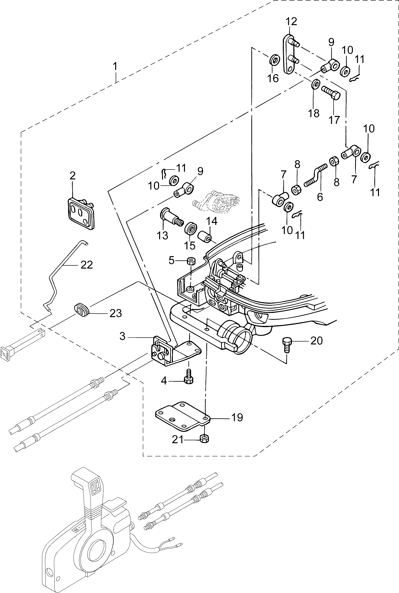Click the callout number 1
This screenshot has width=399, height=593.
click(x=115, y=66)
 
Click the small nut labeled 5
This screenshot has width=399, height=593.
click(x=191, y=261)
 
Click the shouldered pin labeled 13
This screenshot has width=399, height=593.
click(x=171, y=218)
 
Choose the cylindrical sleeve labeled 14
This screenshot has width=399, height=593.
click(x=205, y=237)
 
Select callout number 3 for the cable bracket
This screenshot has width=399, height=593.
click(x=123, y=336)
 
